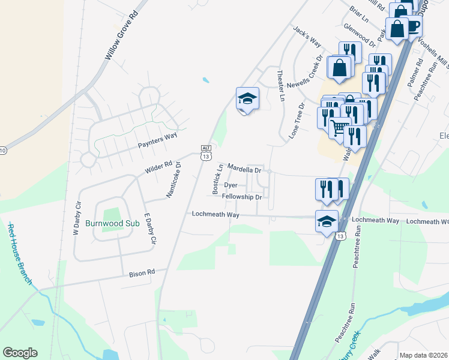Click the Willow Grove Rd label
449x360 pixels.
point(122,37)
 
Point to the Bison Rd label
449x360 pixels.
point(142,273)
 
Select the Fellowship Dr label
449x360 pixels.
point(242,197)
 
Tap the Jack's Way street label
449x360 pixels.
point(307,38)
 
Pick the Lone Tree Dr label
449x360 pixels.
point(298,119)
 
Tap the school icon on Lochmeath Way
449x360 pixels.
point(327,220)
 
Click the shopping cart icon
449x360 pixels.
point(339,127)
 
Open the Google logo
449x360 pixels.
point(20,353)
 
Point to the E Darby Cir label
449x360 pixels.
point(150,228)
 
